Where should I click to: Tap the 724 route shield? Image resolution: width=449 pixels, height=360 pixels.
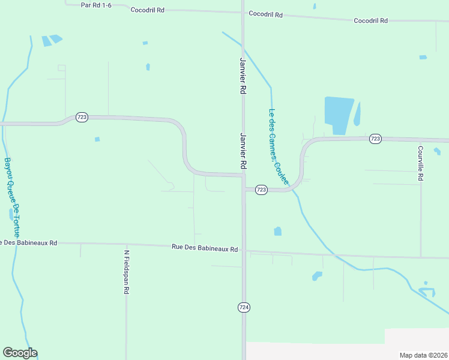tap(244, 307)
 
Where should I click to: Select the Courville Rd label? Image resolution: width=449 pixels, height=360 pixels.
tap(421, 164)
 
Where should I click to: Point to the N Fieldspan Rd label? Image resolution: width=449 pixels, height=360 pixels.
tap(127, 272)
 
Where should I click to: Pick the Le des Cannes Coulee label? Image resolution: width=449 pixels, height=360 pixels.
tap(278, 146)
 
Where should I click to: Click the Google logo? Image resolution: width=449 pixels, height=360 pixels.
tap(20, 353)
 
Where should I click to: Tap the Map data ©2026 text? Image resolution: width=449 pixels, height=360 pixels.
tap(423, 355)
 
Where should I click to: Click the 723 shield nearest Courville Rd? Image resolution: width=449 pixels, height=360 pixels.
tap(375, 139)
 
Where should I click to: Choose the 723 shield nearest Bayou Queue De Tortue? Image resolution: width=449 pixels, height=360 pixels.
tap(82, 118)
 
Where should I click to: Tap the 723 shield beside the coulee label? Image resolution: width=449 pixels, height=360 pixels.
tap(261, 190)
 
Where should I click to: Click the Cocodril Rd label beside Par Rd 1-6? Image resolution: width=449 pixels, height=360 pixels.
tap(147, 11)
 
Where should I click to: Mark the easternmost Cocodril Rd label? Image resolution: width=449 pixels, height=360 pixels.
tap(370, 20)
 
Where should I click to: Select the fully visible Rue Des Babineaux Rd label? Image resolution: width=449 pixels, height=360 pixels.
tap(205, 247)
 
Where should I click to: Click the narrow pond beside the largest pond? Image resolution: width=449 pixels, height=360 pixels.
tap(357, 113)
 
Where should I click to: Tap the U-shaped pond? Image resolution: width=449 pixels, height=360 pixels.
tap(426, 292)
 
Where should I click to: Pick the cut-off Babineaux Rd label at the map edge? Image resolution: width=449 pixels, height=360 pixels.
tap(28, 243)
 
